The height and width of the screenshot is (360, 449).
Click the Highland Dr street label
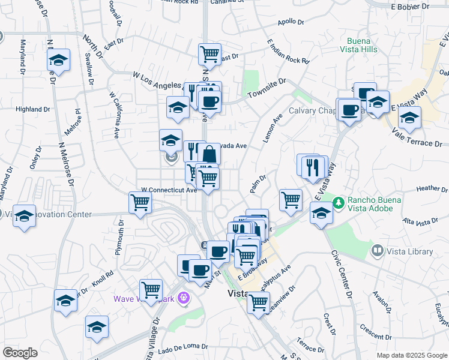click(33, 109)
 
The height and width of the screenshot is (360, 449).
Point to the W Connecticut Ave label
click(169, 190)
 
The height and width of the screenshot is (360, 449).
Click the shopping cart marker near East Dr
click(209, 54)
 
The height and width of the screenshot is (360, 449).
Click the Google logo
click(20, 353)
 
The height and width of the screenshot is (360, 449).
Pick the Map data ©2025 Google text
click(411, 355)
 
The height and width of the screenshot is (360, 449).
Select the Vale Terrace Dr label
click(419, 140)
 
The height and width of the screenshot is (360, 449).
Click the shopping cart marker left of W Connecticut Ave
click(140, 203)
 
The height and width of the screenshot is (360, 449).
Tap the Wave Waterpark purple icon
click(183, 298)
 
